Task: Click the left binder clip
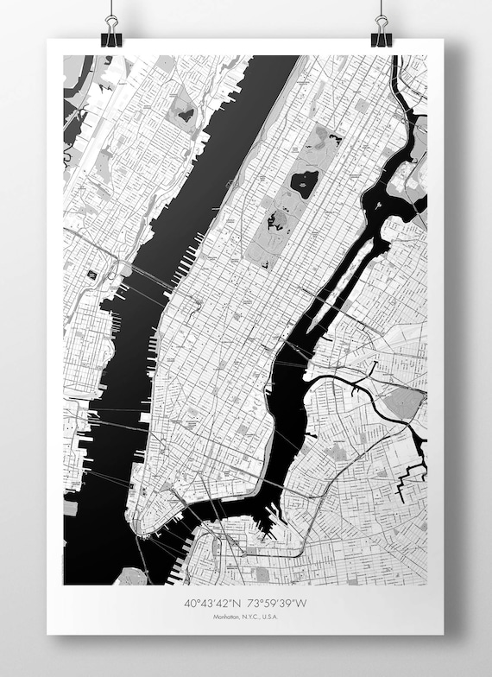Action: tap(111, 32)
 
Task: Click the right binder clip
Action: tap(381, 32)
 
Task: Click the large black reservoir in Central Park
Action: tap(304, 182)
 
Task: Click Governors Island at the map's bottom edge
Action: tap(131, 576)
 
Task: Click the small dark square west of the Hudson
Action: tap(91, 275)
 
